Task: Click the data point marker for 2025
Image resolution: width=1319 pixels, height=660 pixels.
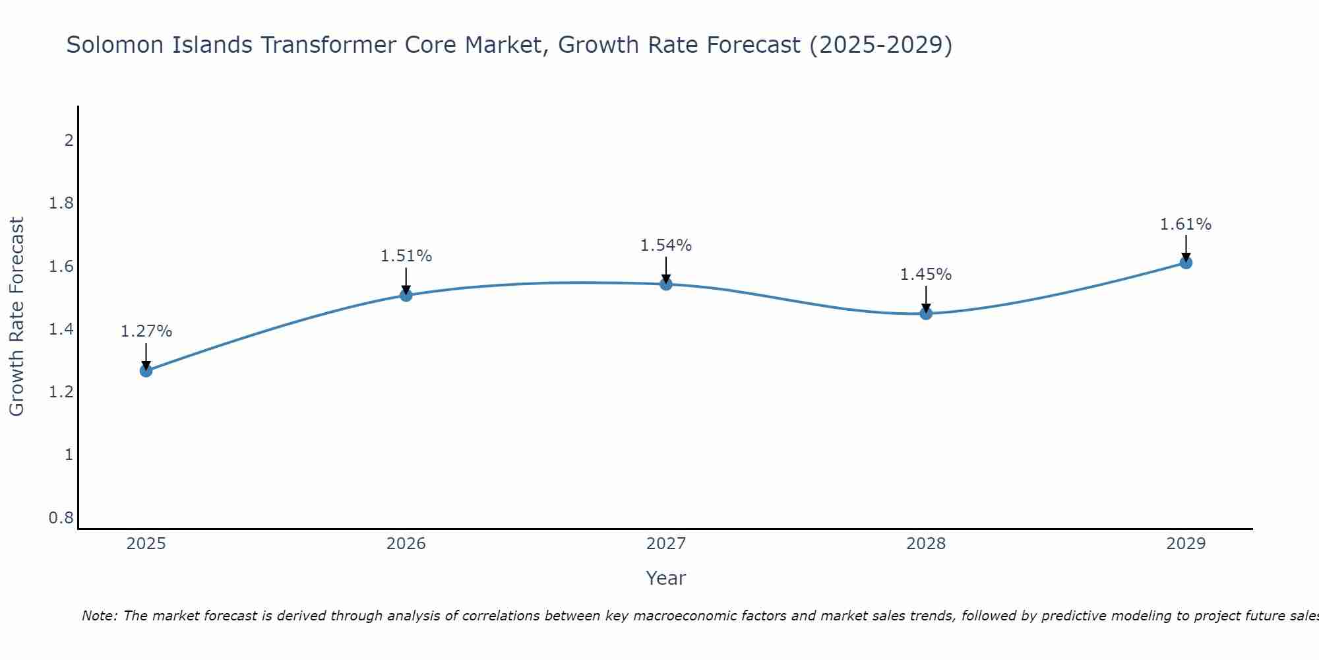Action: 146,371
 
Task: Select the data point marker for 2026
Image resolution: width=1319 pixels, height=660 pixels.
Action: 406,295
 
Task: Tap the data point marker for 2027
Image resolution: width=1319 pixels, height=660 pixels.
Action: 666,284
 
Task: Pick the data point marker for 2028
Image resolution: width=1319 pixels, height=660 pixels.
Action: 926,313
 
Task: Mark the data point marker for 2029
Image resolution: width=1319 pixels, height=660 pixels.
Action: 1186,263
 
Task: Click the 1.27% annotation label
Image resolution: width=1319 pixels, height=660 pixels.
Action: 146,331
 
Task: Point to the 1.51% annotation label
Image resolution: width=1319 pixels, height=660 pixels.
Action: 406,256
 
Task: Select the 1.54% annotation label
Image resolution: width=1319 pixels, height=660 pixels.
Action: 666,246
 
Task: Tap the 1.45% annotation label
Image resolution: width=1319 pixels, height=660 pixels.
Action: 926,275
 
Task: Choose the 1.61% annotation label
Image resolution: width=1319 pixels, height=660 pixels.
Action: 1186,224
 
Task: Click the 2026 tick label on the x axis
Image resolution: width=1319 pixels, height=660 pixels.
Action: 406,544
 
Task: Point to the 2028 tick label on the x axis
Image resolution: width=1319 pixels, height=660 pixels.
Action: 926,544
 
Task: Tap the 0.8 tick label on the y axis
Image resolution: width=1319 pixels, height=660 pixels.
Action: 61,518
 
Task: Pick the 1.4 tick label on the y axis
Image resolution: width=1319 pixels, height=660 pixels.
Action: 61,329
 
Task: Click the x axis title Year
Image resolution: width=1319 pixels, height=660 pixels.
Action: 666,578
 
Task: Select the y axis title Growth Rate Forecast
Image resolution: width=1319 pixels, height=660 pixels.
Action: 17,317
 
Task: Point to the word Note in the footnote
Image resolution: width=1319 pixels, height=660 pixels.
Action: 99,616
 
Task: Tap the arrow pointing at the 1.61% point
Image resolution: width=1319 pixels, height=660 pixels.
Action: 1186,248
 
